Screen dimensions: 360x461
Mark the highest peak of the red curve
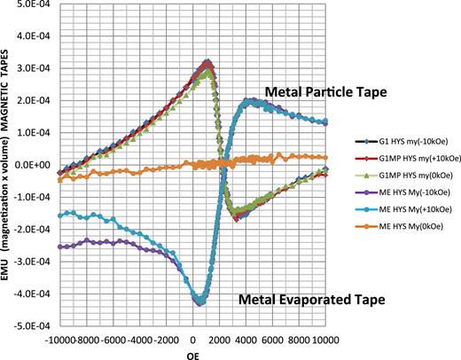[207, 63]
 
